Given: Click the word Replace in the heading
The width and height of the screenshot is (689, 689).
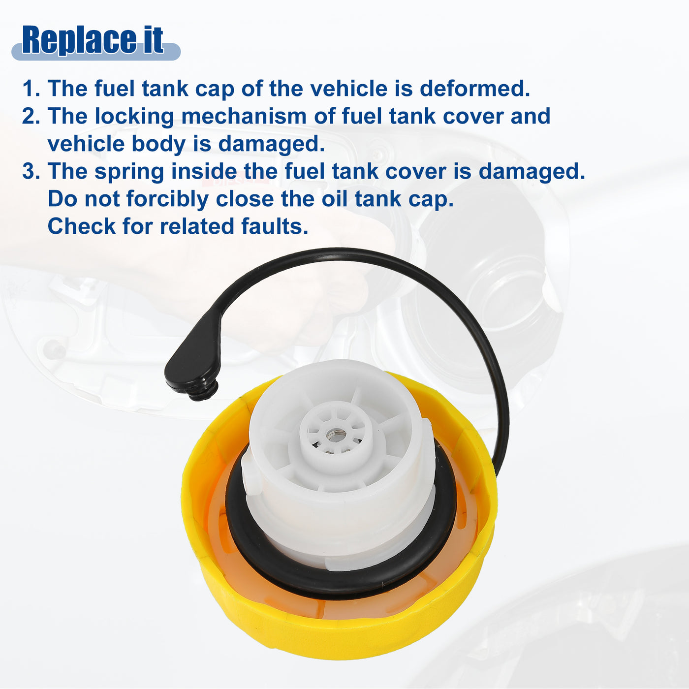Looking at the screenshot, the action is pyautogui.click(x=79, y=40).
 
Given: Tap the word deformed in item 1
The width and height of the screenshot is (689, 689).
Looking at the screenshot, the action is pyautogui.click(x=474, y=88).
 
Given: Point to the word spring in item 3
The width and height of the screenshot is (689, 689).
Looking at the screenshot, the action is pyautogui.click(x=129, y=171).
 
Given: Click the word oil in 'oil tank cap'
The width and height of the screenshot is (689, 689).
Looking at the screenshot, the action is pyautogui.click(x=334, y=199).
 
